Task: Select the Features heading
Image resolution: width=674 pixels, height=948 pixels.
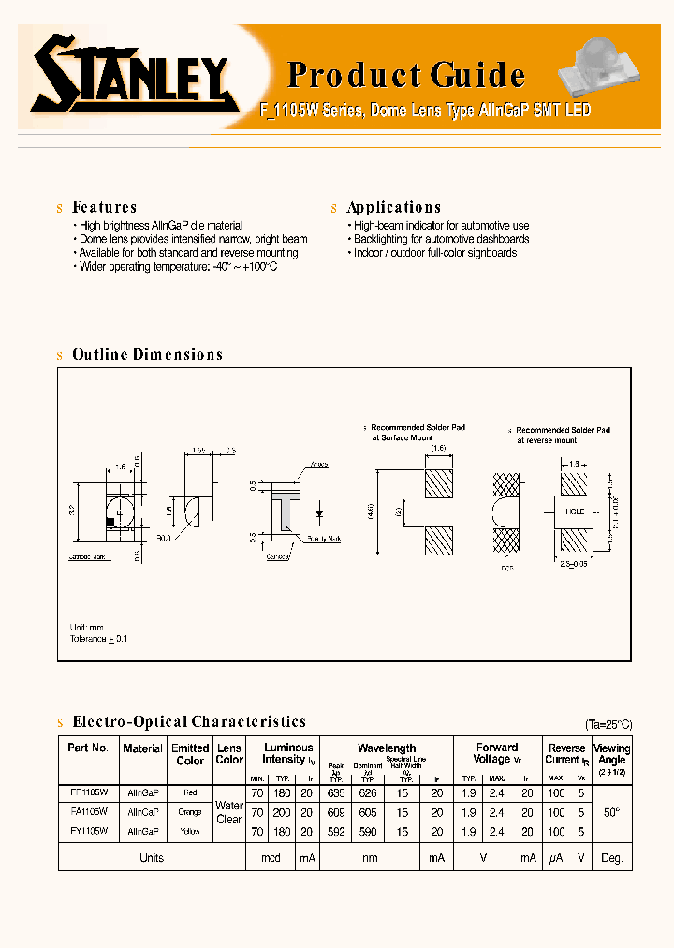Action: pos(104,207)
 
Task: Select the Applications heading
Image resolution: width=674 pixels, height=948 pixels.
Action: pos(393,207)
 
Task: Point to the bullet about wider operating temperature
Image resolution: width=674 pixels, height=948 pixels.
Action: pos(178,267)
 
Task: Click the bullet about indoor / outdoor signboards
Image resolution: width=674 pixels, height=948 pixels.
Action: pos(434,253)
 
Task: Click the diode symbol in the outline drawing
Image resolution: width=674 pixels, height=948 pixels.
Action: pos(320,513)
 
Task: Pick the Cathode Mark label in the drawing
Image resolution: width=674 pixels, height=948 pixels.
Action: pos(89,556)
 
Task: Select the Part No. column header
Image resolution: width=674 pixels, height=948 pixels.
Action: pos(88,748)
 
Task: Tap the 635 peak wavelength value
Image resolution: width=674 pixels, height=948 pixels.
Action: pos(337,792)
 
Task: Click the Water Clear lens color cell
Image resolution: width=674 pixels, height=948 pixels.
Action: pos(229,811)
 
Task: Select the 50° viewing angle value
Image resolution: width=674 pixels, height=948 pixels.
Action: pos(611,811)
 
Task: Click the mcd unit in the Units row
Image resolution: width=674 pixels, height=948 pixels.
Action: pos(271,858)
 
